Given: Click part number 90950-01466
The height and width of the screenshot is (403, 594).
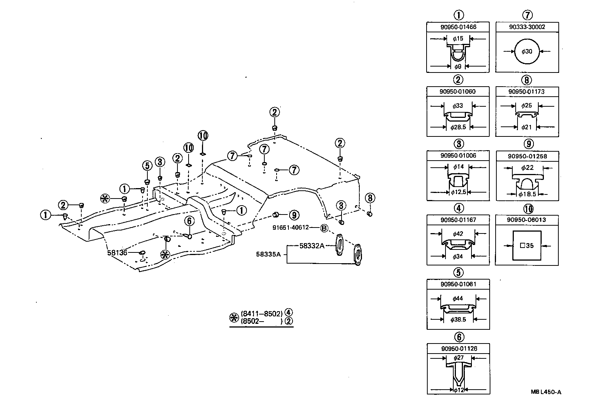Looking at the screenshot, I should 458,27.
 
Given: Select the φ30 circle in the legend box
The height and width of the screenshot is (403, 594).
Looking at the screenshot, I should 527,51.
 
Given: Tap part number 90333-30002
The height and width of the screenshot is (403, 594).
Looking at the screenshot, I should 527,27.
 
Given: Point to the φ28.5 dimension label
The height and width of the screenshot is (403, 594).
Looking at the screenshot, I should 458,128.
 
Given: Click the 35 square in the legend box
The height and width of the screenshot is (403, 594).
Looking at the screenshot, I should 527,246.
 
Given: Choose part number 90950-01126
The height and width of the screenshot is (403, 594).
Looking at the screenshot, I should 459,349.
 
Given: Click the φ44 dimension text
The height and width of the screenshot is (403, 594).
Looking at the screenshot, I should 458,299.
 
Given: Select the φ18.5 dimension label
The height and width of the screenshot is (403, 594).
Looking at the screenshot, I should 527,194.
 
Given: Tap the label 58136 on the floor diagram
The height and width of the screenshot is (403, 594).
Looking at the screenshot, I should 117,253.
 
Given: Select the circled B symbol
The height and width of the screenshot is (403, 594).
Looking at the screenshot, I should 324,228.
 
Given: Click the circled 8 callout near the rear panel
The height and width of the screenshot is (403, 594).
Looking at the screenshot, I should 370,198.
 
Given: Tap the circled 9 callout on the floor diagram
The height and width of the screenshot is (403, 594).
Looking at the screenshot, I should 294,215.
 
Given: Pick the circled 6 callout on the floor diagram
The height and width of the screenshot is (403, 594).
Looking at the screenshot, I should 189,222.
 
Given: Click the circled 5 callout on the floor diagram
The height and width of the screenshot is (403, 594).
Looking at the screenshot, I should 147,165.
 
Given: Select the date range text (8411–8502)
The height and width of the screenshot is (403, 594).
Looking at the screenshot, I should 262,313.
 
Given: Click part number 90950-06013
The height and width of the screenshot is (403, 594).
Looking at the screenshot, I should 527,220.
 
